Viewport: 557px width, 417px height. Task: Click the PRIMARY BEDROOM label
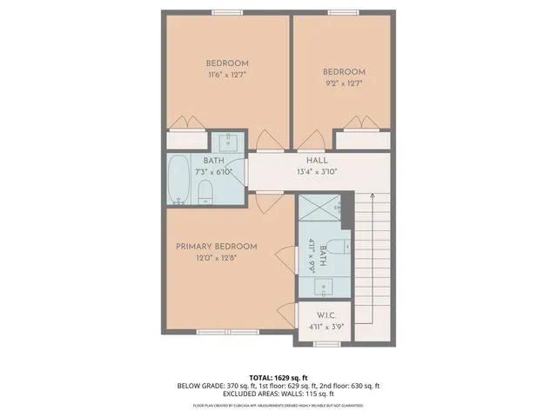coord(212,246)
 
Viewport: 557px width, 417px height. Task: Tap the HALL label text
coord(316,160)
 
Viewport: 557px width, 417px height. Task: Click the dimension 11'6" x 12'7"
coord(227,76)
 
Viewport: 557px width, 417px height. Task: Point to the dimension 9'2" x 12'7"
coord(344,84)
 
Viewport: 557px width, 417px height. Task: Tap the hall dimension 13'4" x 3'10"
coord(316,171)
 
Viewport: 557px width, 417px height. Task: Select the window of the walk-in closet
coord(325,342)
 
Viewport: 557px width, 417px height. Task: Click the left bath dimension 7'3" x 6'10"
coord(213,172)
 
